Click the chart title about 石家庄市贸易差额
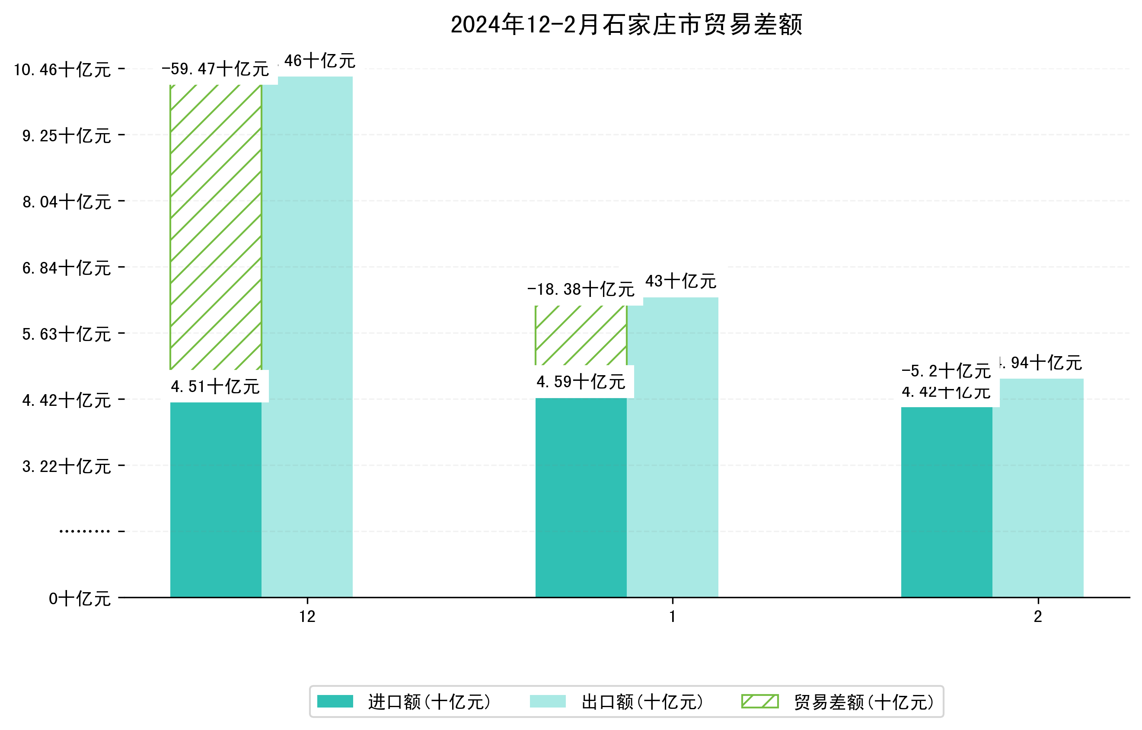pyautogui.click(x=626, y=25)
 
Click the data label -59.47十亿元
pyautogui.click(x=215, y=69)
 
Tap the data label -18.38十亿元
pyautogui.click(x=581, y=289)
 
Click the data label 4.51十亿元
pyautogui.click(x=215, y=386)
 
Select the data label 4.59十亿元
pyautogui.click(x=581, y=382)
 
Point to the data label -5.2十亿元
pyautogui.click(x=946, y=371)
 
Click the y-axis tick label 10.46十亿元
pyautogui.click(x=62, y=70)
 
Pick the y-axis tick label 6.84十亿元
pyautogui.click(x=67, y=268)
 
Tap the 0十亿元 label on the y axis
pyautogui.click(x=80, y=599)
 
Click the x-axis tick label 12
pyautogui.click(x=307, y=617)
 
